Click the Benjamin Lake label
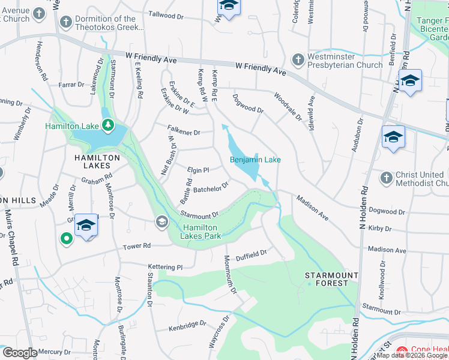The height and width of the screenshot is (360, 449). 255,160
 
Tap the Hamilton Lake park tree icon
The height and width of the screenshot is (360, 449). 107,125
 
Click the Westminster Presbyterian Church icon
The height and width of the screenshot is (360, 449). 297,59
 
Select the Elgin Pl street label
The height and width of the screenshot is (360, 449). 197,170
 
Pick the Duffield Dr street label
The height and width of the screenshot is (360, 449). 250,255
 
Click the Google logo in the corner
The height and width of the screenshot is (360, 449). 20,353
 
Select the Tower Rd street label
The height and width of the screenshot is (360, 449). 136,245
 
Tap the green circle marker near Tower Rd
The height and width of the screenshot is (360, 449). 66,239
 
